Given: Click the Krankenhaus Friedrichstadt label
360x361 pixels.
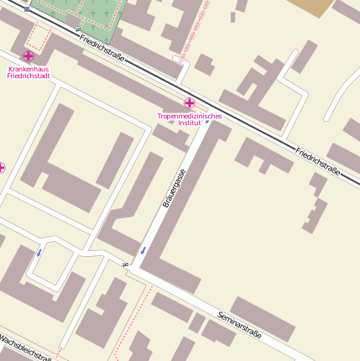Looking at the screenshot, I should [x=28, y=72].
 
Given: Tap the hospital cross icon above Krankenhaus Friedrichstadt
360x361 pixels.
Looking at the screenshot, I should [x=28, y=55].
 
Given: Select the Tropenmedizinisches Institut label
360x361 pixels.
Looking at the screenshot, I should [x=190, y=119].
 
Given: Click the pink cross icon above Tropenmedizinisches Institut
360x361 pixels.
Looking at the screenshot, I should [x=190, y=102].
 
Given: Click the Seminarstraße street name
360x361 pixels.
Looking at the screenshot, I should [x=239, y=327].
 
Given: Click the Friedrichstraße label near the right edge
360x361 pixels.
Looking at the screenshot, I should [x=319, y=160].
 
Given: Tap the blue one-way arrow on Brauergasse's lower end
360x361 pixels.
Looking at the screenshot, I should [x=143, y=249].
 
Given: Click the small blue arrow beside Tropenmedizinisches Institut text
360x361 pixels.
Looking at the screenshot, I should [x=207, y=121].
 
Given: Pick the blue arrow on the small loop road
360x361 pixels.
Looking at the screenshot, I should [x=39, y=251].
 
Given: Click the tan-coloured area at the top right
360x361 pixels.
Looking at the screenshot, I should [x=310, y=7].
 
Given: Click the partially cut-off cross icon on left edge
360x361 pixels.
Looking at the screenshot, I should [x=2, y=168].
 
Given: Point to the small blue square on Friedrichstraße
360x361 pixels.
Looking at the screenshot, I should [x=28, y=8].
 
